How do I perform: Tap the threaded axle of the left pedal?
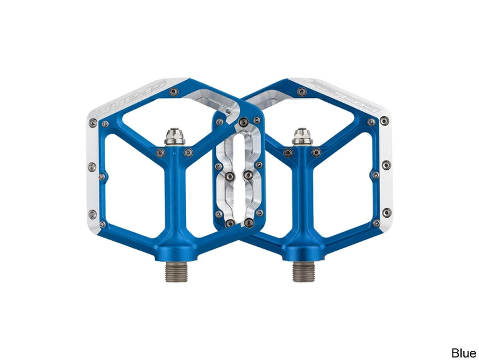[x=175, y=271]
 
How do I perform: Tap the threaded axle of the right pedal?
[x=303, y=271]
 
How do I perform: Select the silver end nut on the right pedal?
[x=303, y=136]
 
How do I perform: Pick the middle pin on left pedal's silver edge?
[x=92, y=168]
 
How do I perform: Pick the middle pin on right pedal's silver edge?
[x=386, y=165]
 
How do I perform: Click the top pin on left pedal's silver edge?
[x=93, y=123]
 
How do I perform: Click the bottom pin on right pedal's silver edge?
[x=386, y=212]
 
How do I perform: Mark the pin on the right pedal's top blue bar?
[x=302, y=92]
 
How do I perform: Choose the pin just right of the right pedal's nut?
[x=316, y=152]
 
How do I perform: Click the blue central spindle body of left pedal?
[x=175, y=202]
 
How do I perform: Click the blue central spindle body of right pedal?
[x=303, y=202]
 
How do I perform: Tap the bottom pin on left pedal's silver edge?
[x=93, y=214]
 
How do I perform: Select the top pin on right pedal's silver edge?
[x=384, y=121]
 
